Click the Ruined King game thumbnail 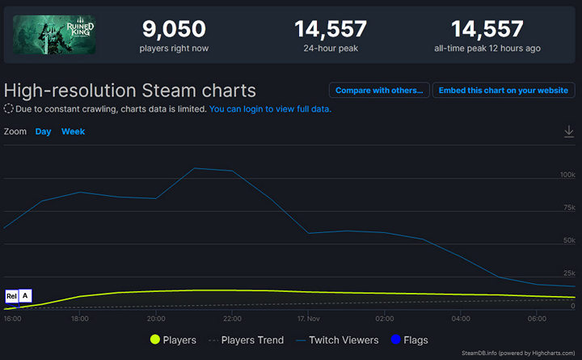pos(55,35)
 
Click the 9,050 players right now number pos(174,29)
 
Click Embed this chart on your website pos(503,91)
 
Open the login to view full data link pos(270,109)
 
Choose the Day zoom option pos(43,131)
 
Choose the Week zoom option pos(73,131)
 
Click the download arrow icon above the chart pos(569,131)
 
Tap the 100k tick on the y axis pos(567,175)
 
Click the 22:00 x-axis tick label pos(233,319)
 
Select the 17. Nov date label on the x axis pos(309,319)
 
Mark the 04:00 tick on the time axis pos(462,319)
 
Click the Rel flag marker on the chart pos(11,296)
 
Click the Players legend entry pos(173,341)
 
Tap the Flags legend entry pos(409,341)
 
